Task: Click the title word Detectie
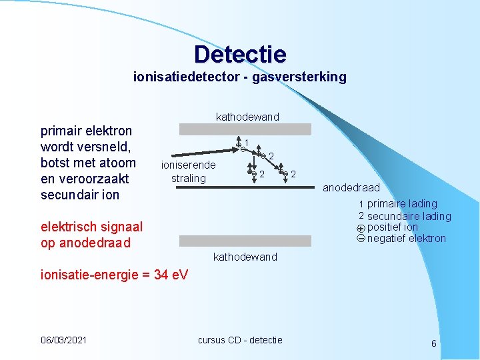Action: pyautogui.click(x=240, y=54)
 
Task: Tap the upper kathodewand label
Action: pyautogui.click(x=247, y=117)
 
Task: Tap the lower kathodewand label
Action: pyautogui.click(x=244, y=257)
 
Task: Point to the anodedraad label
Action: pyautogui.click(x=351, y=188)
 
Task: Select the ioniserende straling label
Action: pyautogui.click(x=189, y=172)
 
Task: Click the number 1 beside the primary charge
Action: pyautogui.click(x=247, y=143)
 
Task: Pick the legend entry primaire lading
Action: pyautogui.click(x=402, y=203)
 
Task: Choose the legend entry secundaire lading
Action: pyautogui.click(x=409, y=216)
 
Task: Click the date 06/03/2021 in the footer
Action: pyautogui.click(x=63, y=340)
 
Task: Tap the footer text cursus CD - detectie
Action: pyautogui.click(x=240, y=340)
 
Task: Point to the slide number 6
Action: pyautogui.click(x=434, y=343)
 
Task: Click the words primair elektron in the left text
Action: pyautogui.click(x=87, y=131)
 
